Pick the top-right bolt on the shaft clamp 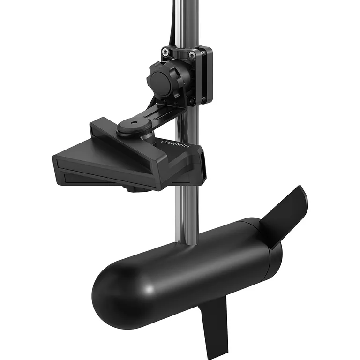[192, 55]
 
